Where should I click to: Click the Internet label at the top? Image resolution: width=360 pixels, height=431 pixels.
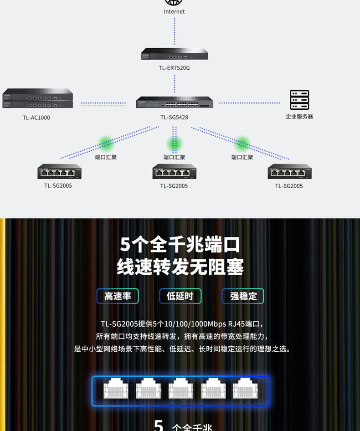[174, 11]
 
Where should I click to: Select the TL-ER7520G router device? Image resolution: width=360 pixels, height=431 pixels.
[175, 54]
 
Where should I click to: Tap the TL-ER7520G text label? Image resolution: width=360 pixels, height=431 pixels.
[174, 68]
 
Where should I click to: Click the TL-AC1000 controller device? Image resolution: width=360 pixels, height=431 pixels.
[38, 98]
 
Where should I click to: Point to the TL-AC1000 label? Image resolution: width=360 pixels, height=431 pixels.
[36, 118]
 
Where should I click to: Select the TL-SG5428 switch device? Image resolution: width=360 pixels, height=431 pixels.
[175, 102]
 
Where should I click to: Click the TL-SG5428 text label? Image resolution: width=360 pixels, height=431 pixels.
[175, 118]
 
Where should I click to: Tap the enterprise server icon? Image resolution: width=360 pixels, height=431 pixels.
[299, 100]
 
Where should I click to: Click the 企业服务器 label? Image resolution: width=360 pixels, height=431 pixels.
[299, 116]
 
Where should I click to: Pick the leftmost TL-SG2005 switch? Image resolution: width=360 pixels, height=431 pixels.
[59, 171]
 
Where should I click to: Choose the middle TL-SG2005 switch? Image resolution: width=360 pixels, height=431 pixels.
[175, 171]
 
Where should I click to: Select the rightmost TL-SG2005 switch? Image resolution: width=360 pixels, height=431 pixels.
[290, 171]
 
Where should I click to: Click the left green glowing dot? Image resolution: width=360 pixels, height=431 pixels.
[106, 144]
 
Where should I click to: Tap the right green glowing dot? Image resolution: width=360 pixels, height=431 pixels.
[242, 144]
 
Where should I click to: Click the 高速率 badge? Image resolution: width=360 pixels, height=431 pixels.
[118, 296]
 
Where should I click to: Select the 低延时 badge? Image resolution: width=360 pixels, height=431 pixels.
[180, 296]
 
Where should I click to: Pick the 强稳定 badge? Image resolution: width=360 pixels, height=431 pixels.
[243, 296]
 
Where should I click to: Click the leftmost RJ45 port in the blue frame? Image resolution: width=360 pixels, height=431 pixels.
[116, 388]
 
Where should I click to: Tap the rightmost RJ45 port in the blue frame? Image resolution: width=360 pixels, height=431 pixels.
[245, 388]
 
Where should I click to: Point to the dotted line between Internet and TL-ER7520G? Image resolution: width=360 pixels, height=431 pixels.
[175, 31]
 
